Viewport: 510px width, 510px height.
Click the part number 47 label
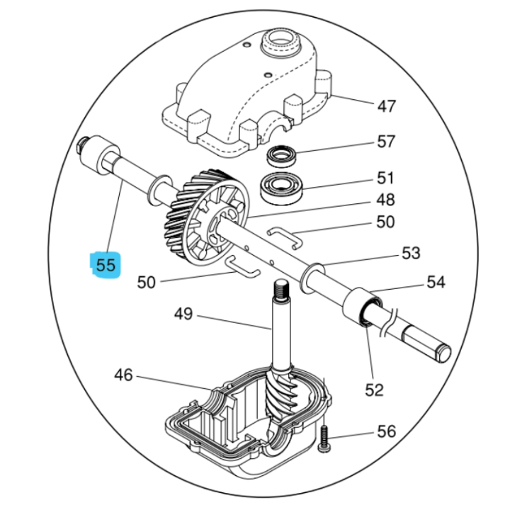coord(386,106)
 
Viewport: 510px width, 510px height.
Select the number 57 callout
coord(385,142)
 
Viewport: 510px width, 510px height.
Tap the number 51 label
coord(385,177)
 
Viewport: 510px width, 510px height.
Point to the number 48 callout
coord(385,200)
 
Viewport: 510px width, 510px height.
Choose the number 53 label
coord(410,253)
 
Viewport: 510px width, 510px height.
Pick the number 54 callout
coord(436,282)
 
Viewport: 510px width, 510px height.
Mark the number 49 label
coord(183,313)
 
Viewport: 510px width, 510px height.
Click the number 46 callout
coord(123,375)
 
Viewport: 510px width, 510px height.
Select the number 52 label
coord(374,389)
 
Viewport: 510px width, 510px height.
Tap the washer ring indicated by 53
coord(312,274)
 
